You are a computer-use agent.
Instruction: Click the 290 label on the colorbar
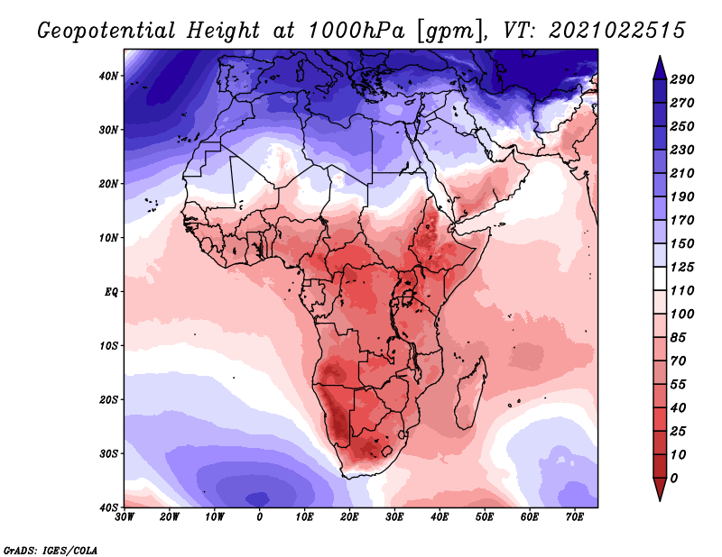(x=682, y=79)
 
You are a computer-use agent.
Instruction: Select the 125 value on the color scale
(x=682, y=267)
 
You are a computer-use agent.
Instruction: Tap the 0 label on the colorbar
(x=674, y=478)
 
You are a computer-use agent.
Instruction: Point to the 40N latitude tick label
(x=108, y=76)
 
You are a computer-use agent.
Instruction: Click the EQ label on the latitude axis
(x=111, y=292)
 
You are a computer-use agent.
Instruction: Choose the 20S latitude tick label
(x=108, y=399)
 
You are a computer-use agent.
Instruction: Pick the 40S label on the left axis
(x=108, y=507)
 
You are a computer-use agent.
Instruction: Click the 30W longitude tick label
(x=125, y=517)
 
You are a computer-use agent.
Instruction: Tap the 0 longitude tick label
(x=260, y=517)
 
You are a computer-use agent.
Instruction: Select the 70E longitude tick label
(x=575, y=517)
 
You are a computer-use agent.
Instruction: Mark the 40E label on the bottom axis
(x=440, y=517)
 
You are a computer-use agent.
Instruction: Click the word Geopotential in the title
(x=106, y=31)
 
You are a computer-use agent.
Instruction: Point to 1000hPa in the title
(x=356, y=31)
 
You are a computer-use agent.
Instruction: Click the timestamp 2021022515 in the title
(x=617, y=31)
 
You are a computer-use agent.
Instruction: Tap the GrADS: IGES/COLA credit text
(x=51, y=550)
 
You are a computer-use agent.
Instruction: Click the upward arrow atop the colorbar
(x=660, y=68)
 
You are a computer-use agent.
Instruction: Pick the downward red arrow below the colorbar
(x=660, y=489)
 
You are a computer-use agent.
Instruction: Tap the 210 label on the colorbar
(x=682, y=173)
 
